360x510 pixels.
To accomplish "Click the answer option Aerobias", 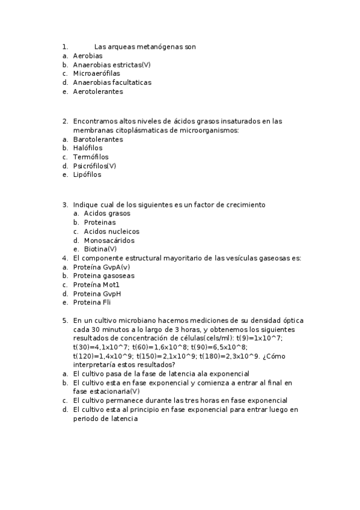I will [x=88, y=55].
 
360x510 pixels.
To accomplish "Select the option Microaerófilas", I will [x=96, y=73].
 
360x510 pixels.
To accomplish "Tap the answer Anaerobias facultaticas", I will [x=112, y=82].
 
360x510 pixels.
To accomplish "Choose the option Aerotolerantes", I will [x=98, y=91].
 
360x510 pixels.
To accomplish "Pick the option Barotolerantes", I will [x=98, y=139].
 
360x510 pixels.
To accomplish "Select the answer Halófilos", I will [x=88, y=148].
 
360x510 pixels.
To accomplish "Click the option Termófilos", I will [x=91, y=157].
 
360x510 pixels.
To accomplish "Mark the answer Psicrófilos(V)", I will [x=94, y=166].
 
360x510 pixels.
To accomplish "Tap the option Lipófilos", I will [x=87, y=175].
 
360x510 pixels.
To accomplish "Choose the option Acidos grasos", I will [x=107, y=214].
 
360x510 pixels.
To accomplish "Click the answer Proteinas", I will [x=100, y=223].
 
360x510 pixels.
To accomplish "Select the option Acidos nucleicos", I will [x=111, y=232].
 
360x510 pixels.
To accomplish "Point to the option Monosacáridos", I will [x=109, y=241].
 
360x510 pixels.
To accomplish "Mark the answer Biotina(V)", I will [x=100, y=249].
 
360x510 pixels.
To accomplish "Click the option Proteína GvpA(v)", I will [x=101, y=267].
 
